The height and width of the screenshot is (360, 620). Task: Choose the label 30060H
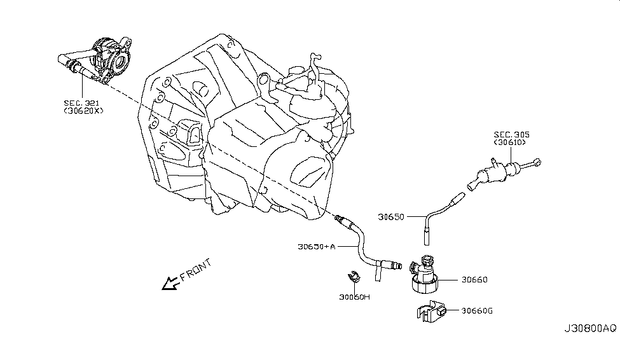tap(354, 296)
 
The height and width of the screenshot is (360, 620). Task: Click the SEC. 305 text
tap(512, 135)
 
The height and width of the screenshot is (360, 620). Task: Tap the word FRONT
tap(195, 271)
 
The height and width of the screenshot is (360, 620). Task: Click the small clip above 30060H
tap(354, 277)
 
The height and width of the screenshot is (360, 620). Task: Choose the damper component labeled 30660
tap(422, 275)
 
